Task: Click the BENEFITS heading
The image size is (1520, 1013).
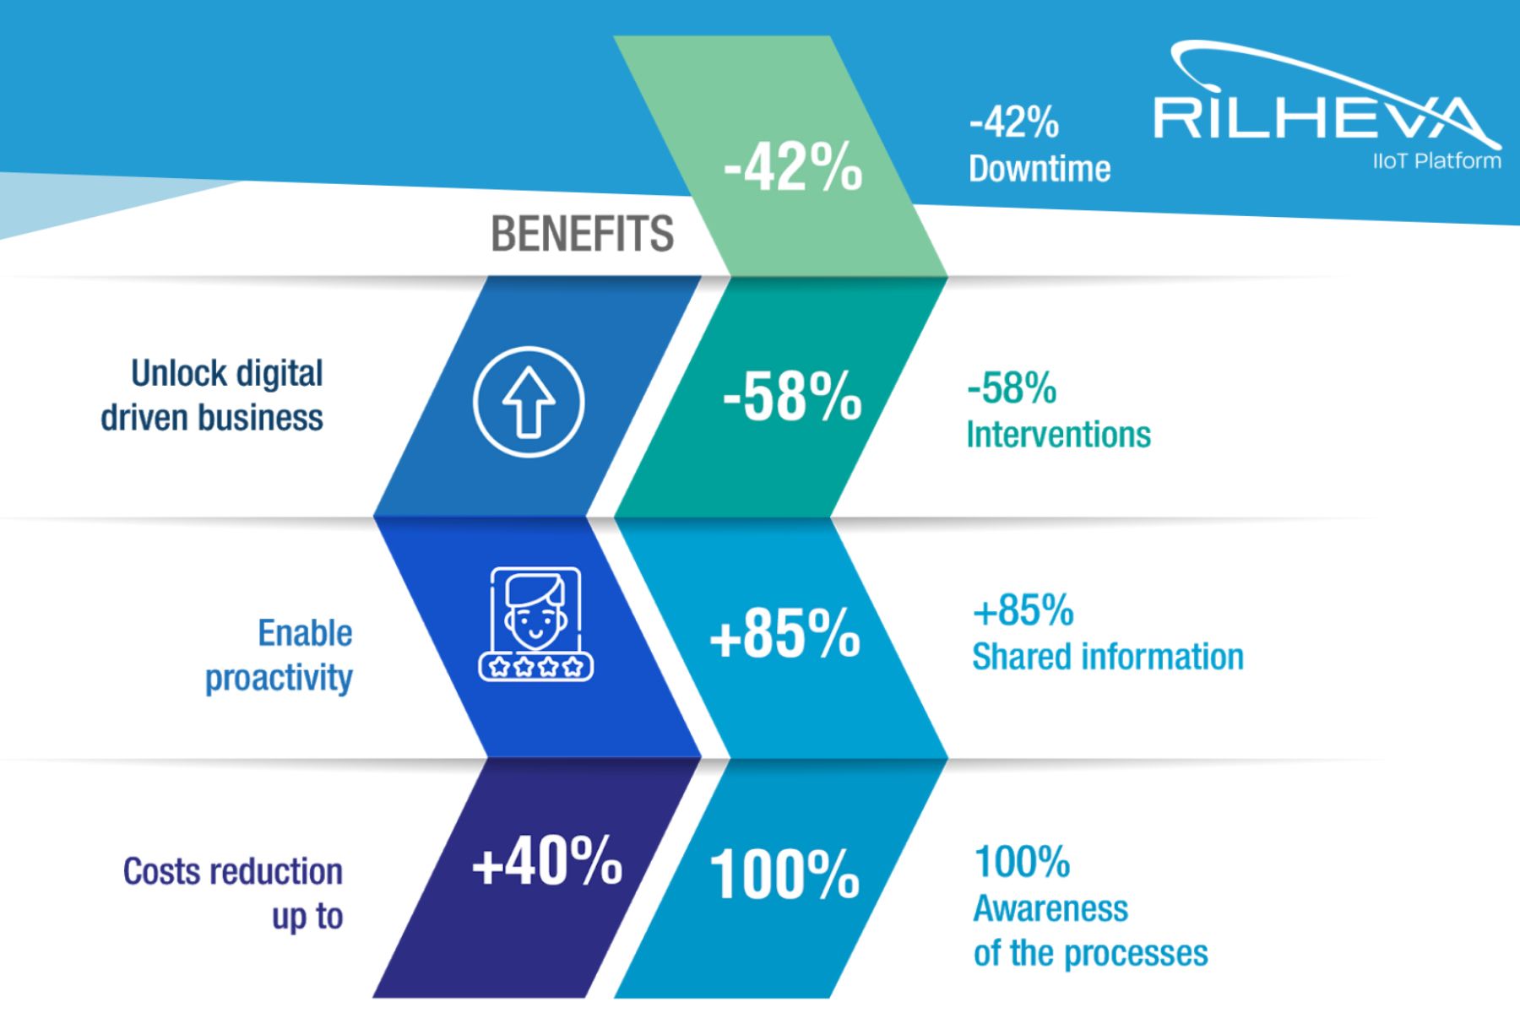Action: pos(583,234)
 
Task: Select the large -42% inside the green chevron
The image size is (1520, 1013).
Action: pos(793,167)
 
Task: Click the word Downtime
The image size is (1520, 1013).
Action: pos(1040,169)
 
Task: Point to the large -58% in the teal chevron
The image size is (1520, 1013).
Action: pos(792,395)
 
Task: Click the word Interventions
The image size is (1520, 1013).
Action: pos(1058,435)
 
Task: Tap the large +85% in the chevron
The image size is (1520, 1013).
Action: pos(785,633)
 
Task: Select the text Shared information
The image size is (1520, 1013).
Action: pos(1108,657)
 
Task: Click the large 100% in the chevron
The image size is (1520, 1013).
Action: pos(784,874)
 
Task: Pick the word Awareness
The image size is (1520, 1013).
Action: pos(1050,908)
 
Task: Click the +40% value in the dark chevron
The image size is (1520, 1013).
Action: pos(547,861)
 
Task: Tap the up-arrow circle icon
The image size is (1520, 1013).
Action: pos(529,402)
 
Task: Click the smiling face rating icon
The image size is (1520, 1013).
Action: pos(535,624)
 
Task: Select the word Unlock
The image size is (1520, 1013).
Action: pos(179,373)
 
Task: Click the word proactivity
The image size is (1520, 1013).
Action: pos(279,678)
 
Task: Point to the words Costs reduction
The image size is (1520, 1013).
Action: pos(233,871)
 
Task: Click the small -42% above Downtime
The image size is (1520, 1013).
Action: pos(1013,123)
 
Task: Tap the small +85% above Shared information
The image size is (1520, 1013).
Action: pos(1023,610)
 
